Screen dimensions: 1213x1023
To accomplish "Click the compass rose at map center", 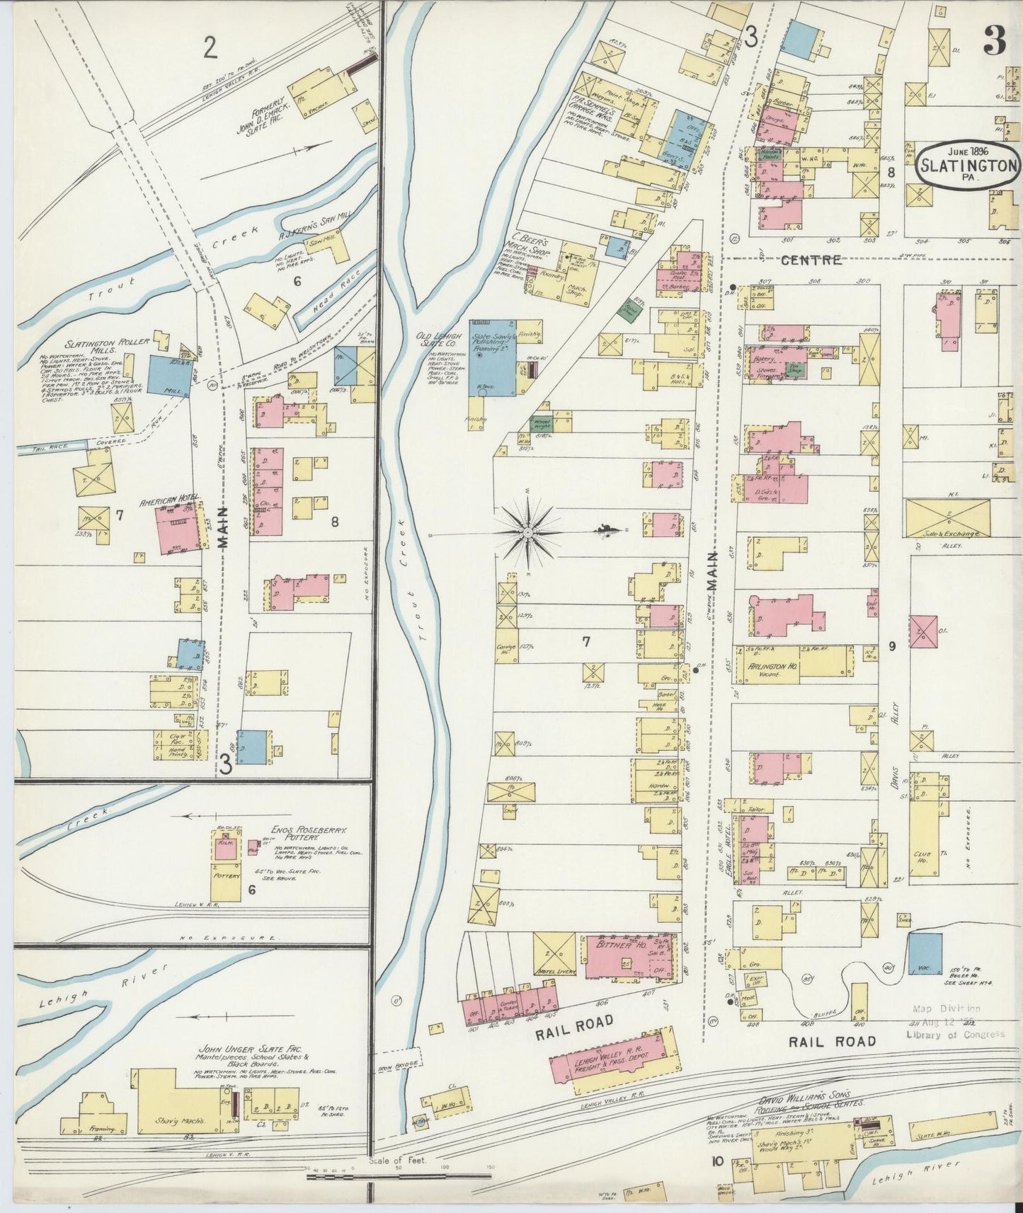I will click(529, 530).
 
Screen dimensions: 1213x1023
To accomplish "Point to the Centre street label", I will click(811, 260).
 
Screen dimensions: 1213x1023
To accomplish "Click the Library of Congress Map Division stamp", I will click(954, 1021).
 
